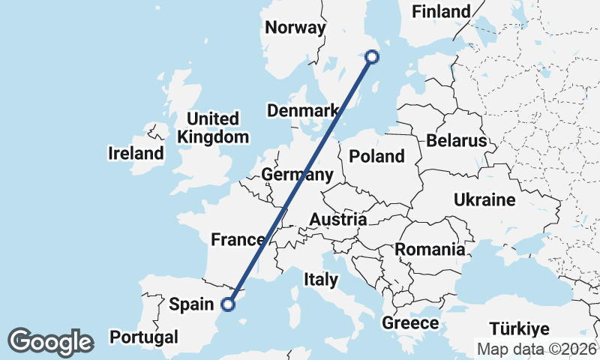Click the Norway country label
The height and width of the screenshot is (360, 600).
[x=295, y=28]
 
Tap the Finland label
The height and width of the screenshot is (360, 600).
[x=442, y=11]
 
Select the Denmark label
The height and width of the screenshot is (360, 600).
[x=303, y=111]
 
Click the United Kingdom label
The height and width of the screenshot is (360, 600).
[x=213, y=127]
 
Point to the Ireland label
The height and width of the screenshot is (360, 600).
[x=136, y=154]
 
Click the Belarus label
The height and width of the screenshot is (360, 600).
[x=456, y=140]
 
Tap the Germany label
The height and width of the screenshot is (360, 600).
[x=297, y=175]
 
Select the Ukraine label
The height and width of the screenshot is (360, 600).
[x=484, y=199]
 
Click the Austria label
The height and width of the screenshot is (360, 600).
[x=339, y=220]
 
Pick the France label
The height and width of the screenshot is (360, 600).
[x=238, y=240]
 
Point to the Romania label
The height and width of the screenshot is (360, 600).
[x=430, y=249]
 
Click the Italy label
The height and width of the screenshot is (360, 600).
[x=321, y=280]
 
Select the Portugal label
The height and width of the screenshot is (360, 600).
[x=144, y=337]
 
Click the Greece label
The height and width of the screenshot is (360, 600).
[x=410, y=323]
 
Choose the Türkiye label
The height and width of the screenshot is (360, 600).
[x=519, y=328]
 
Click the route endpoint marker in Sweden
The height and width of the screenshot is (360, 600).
[x=371, y=56]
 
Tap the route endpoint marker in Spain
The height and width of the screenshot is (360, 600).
[x=229, y=304]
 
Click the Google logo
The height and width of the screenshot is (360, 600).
[x=50, y=342]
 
